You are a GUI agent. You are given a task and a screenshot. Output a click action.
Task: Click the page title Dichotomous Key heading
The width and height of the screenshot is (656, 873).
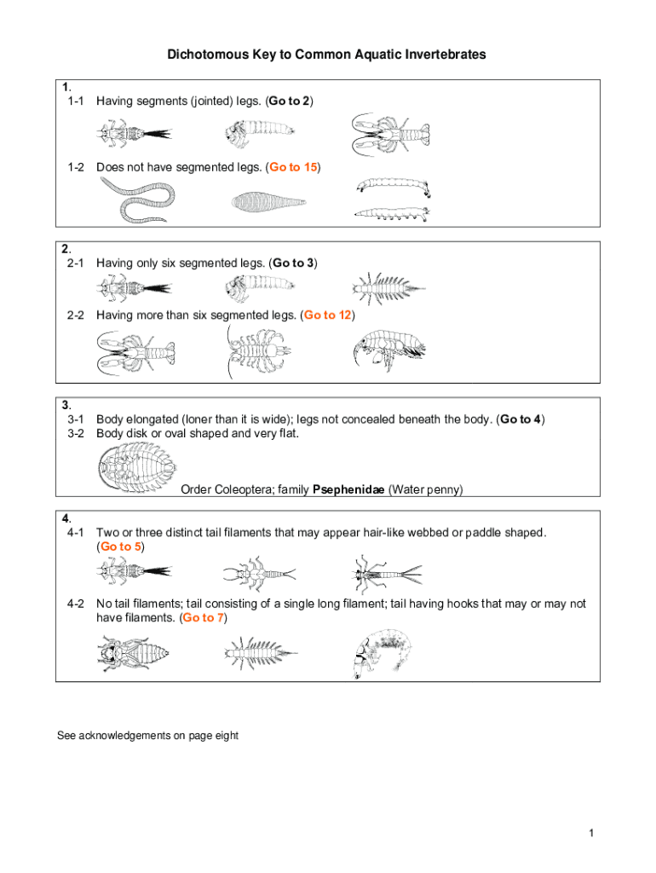[327, 55]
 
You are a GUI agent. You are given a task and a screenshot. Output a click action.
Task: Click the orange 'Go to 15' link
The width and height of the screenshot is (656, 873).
[294, 167]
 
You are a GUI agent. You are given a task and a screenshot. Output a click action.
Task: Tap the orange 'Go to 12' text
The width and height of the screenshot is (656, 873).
[328, 315]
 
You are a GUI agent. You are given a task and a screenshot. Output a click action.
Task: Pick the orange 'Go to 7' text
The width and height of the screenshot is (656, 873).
[204, 617]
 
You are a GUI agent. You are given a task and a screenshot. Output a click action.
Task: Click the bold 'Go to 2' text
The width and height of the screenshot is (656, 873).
[289, 101]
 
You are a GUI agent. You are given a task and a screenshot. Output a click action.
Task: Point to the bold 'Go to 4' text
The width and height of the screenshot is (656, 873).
[521, 419]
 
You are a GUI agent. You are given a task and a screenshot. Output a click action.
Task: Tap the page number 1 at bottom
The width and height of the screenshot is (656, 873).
[590, 832]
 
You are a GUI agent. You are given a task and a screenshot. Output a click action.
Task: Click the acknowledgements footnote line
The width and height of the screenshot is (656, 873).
[147, 735]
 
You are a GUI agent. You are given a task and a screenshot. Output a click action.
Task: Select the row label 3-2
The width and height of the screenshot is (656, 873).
[72, 433]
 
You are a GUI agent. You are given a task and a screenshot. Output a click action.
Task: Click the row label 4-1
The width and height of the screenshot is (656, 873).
[72, 532]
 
